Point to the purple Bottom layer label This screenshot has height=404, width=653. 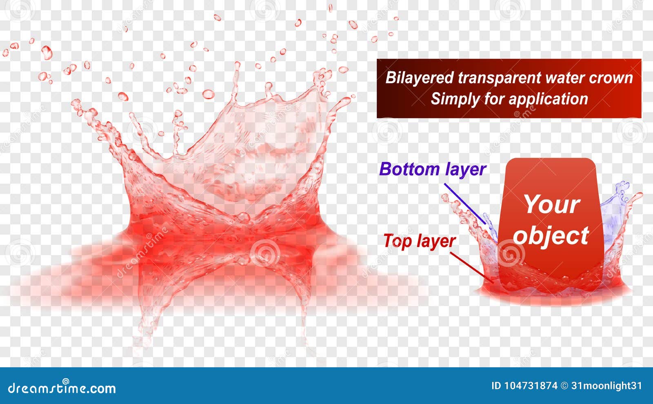432,169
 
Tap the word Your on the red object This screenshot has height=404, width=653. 551,204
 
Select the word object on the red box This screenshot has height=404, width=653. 551,236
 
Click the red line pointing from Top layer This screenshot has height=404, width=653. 471,267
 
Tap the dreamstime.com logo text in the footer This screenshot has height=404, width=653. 62,388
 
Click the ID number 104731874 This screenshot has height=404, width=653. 530,386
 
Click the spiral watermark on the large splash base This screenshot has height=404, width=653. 264,252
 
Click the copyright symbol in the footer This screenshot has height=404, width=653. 564,386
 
